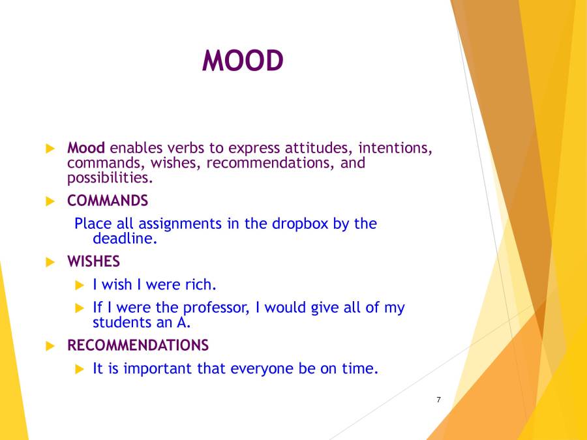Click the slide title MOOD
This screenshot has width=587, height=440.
point(243,61)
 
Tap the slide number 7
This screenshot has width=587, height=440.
point(438,400)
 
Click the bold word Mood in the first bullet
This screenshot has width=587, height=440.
point(85,148)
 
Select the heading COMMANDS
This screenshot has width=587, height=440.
point(108,200)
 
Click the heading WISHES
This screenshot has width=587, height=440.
point(93,261)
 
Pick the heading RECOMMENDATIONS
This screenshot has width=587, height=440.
point(138,345)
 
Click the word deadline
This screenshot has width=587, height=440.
point(124,239)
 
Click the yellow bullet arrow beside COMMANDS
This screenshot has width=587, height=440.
point(50,201)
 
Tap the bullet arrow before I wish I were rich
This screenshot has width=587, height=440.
point(80,285)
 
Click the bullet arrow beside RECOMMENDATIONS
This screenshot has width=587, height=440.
point(50,345)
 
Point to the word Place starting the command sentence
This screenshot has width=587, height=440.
point(93,224)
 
